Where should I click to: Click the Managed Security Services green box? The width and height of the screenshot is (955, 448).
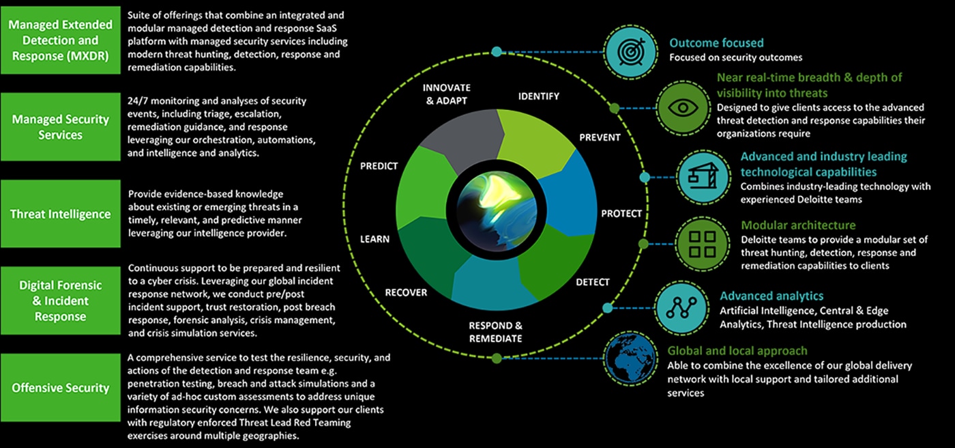60,127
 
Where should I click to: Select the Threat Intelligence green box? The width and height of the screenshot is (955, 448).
60,214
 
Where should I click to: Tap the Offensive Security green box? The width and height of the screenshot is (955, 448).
60,388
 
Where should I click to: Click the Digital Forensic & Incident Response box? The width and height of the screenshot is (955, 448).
60,300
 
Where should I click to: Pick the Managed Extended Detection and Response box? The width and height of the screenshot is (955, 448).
60,41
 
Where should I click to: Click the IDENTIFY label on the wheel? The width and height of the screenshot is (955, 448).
538,96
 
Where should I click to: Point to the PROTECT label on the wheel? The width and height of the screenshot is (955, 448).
621,214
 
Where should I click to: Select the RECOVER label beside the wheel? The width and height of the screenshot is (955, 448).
406,292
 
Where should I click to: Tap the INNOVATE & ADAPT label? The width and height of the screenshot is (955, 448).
447,94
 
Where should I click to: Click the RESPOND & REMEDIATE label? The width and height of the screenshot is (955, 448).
495,332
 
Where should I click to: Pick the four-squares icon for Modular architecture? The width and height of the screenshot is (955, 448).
702,244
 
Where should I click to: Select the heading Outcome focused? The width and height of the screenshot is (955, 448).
716,43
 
